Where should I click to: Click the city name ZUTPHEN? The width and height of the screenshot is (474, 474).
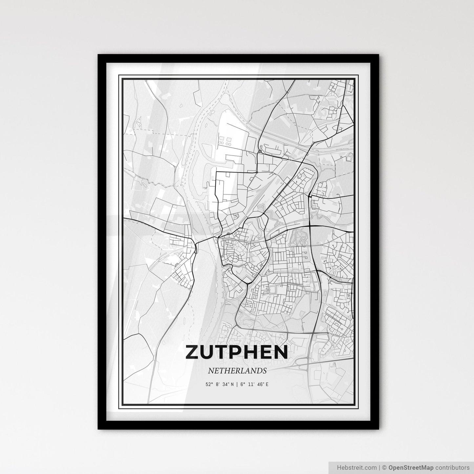point(237,352)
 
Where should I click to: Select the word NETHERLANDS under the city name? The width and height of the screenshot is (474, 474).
point(237,371)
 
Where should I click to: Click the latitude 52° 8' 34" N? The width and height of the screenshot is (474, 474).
point(220,384)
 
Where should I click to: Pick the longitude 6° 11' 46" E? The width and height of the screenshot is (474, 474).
point(254,384)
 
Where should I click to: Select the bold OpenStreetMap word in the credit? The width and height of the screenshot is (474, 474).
point(407,467)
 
